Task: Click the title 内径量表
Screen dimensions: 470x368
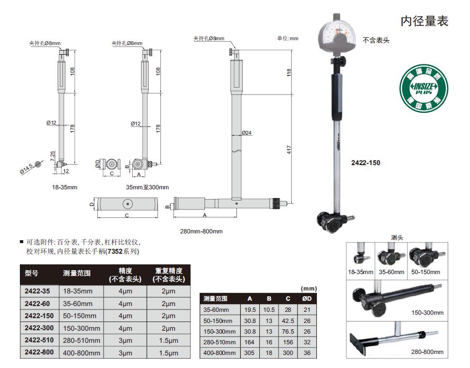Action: (424, 21)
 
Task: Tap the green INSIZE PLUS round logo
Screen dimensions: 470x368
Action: (424, 88)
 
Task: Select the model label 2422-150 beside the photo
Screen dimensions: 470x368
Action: (366, 163)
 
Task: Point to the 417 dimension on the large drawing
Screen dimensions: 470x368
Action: (289, 150)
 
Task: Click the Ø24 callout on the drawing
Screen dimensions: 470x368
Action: (247, 133)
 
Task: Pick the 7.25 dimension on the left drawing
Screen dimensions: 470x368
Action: (52, 156)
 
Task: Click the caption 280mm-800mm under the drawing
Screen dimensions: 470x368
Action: (201, 231)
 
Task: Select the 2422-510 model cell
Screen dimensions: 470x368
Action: (39, 340)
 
